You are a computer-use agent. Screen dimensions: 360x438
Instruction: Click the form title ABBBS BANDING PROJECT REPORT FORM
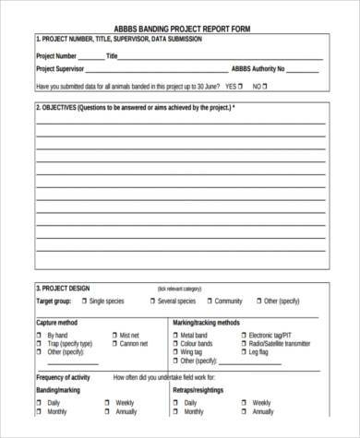coord(181,29)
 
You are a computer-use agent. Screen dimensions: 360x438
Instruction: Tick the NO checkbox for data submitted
coord(266,87)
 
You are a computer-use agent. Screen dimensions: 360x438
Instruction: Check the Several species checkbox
coord(151,301)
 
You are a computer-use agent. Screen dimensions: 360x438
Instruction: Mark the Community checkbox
coord(208,301)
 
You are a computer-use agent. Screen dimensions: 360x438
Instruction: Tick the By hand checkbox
coord(40,335)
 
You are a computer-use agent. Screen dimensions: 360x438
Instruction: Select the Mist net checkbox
coord(113,335)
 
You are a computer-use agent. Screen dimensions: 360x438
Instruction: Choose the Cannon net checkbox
coord(113,343)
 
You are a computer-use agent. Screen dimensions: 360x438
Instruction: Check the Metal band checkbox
coord(174,335)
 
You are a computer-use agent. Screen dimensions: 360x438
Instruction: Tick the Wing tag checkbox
coord(174,351)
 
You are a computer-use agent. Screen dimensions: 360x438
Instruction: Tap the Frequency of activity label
coord(63,377)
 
